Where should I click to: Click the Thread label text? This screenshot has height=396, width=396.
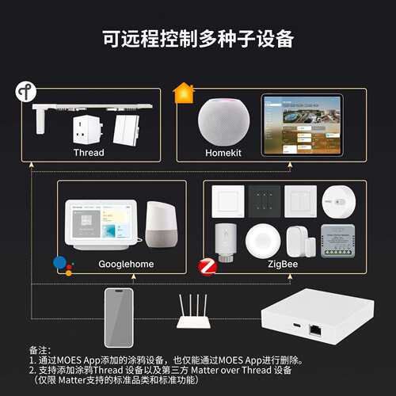[89, 152]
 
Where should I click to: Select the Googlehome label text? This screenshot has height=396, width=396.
[126, 264]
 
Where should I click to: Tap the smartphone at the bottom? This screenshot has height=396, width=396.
[118, 315]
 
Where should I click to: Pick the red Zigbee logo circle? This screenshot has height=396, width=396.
[207, 266]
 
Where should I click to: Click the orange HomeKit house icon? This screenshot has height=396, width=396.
[184, 93]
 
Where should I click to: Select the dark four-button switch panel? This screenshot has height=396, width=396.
[264, 201]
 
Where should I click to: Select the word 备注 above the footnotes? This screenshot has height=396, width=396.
[38, 349]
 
